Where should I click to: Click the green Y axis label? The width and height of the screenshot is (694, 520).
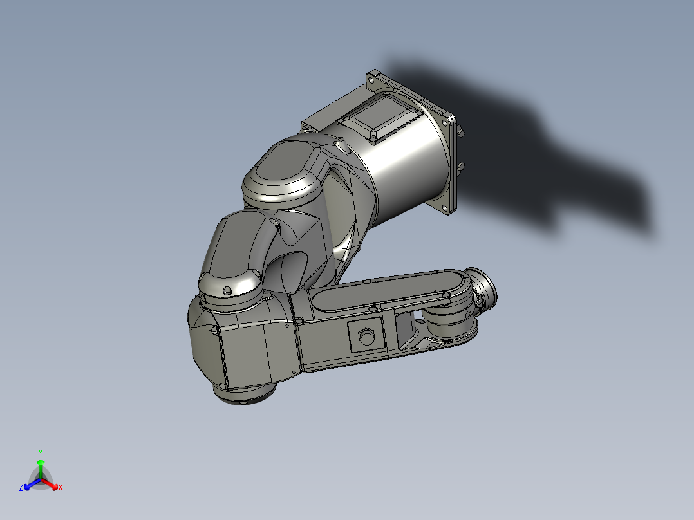[40, 452]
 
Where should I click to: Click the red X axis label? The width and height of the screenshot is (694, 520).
[61, 488]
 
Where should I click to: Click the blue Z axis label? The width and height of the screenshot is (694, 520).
[21, 488]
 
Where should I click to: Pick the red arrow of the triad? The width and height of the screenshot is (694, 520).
[52, 484]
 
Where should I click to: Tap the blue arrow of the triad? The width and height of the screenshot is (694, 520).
[30, 484]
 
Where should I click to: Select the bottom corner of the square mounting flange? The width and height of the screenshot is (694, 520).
[449, 209]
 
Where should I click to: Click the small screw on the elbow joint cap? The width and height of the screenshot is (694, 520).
[226, 292]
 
